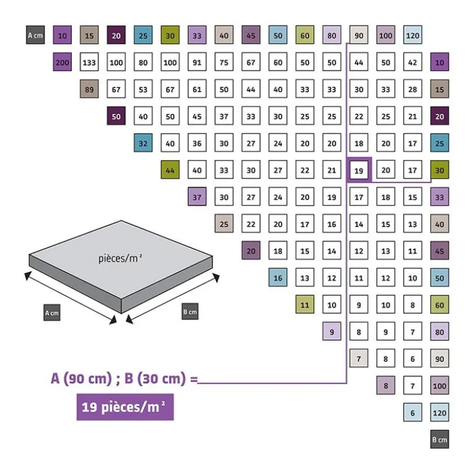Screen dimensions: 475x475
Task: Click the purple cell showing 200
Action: (x=62, y=62)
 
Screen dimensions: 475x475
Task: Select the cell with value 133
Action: (x=89, y=62)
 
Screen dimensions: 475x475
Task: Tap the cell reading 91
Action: (x=197, y=62)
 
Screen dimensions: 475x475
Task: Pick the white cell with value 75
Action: (x=224, y=62)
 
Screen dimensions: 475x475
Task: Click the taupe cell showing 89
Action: (x=89, y=89)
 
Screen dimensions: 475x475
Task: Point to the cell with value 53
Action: (x=143, y=89)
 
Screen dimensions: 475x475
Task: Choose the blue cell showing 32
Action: (x=143, y=143)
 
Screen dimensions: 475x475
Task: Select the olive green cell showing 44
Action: (x=170, y=170)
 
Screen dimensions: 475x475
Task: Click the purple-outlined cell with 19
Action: (x=359, y=170)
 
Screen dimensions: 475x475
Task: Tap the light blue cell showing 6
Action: (x=412, y=412)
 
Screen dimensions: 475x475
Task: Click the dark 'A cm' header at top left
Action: (x=35, y=35)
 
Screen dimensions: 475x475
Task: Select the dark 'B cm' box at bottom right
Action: (x=440, y=439)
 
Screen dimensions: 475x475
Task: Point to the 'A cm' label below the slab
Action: (x=52, y=313)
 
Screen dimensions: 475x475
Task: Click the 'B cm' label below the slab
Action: (x=190, y=311)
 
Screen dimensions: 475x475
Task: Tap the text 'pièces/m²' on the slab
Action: (x=121, y=258)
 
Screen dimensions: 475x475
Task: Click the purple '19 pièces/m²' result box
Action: (x=125, y=407)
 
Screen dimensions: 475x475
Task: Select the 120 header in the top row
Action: (x=412, y=35)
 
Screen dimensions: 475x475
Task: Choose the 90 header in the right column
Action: (x=440, y=358)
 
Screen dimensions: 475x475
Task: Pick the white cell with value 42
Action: (x=412, y=62)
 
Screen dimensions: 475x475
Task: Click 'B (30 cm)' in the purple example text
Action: (x=155, y=378)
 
